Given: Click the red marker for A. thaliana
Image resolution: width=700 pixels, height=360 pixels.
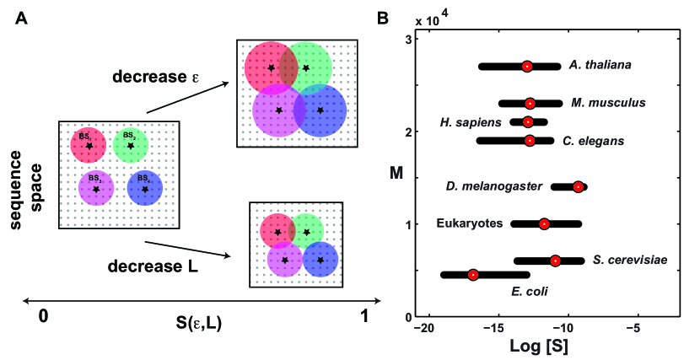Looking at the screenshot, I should pos(527,66).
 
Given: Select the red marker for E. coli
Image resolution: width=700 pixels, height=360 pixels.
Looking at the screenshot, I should pos(473,275).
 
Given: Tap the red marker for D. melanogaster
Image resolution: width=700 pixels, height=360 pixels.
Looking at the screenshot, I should pos(578,186).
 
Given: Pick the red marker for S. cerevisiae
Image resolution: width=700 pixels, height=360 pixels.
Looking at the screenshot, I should pos(555,261).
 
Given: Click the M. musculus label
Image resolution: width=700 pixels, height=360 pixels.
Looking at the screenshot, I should pos(608,103).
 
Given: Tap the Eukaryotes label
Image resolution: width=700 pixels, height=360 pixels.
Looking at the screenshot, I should pos(470,223).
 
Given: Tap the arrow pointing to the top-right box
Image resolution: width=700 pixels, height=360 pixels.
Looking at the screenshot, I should pos(187,98).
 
